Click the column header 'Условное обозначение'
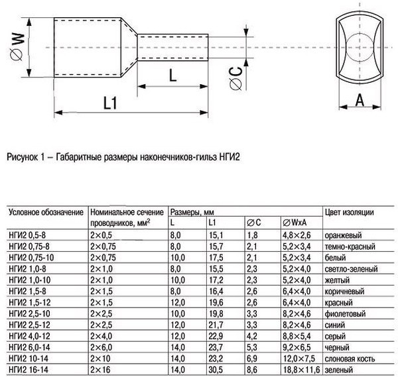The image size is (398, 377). click(45, 212)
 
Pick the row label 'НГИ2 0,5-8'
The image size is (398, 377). click(29, 235)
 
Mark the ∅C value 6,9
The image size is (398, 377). click(252, 358)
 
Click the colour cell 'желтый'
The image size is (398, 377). click(338, 280)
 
